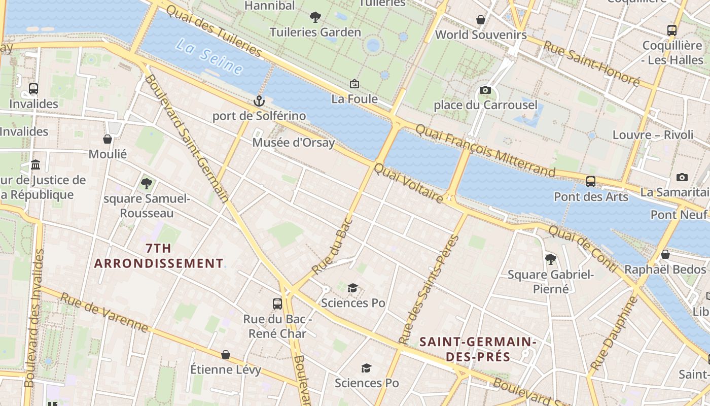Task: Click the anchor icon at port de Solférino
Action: tap(259, 100)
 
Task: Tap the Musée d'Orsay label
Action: tap(294, 143)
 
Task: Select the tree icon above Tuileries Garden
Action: tap(315, 17)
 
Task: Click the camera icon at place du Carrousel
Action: tap(485, 90)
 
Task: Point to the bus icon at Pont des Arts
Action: tap(591, 181)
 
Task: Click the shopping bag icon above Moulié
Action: tap(108, 139)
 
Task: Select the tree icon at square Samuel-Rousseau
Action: tap(147, 183)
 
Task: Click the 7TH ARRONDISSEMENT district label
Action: tap(158, 256)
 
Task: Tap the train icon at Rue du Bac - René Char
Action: tap(277, 304)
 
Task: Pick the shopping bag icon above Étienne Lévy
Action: tap(226, 355)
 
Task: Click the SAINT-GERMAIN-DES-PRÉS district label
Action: tap(478, 349)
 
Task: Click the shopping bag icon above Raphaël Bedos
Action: tap(665, 254)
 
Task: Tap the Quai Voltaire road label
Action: tap(408, 183)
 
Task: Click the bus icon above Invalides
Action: tap(33, 89)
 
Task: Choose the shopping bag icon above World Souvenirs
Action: tap(481, 20)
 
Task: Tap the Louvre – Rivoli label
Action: tap(653, 135)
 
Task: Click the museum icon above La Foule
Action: tap(354, 84)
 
